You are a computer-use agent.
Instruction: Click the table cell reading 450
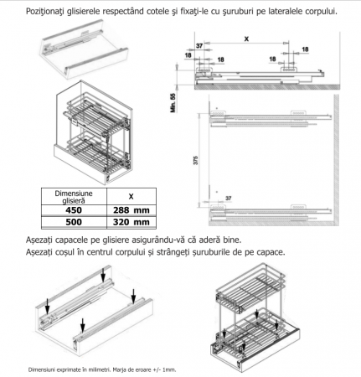74,210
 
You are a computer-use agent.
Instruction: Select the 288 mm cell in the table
132,210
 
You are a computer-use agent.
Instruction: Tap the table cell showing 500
74,223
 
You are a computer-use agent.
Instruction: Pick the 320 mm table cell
132,223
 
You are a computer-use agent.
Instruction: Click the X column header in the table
132,197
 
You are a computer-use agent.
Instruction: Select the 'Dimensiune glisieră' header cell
74,197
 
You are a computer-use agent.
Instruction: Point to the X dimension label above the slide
246,39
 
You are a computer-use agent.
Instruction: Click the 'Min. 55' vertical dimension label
173,103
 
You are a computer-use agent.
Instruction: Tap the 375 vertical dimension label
195,160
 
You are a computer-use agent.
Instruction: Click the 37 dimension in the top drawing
199,45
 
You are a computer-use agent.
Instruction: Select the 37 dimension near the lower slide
229,198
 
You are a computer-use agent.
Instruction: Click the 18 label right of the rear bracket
305,49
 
